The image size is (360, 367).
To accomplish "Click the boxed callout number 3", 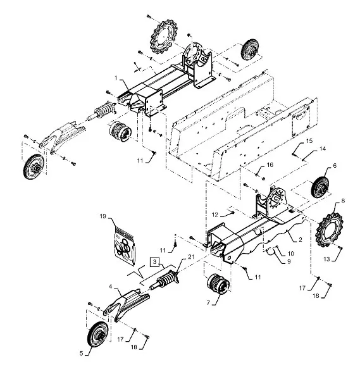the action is pos(154,261).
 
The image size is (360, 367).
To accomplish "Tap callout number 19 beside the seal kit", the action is pos(103,216).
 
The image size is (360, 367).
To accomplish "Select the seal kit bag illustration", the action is pos(125,246).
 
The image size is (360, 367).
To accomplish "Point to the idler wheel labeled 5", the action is pos(98,335).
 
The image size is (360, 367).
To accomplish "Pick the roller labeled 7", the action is pos(218,284).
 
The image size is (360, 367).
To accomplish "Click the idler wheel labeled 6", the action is pos(320,188).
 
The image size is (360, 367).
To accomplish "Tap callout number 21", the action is pos(191,257).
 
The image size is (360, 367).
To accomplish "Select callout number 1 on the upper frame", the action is pos(116,78).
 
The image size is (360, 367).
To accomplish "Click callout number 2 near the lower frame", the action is pos(301,239).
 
